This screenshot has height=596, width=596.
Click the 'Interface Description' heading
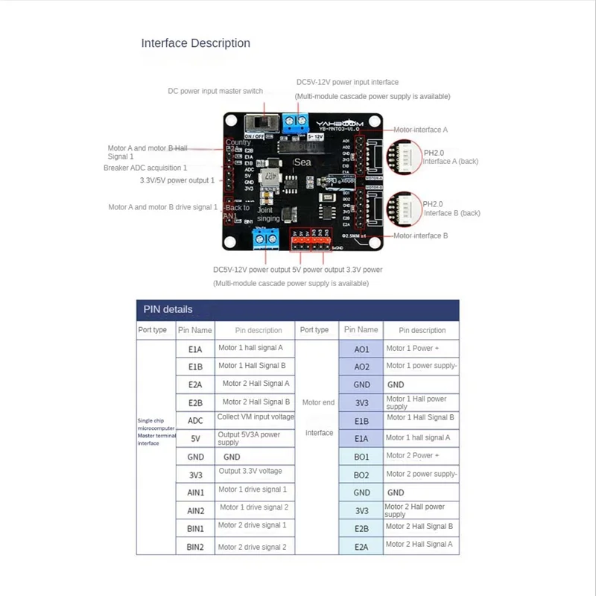pyautogui.click(x=195, y=43)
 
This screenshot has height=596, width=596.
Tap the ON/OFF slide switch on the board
pyautogui.click(x=261, y=121)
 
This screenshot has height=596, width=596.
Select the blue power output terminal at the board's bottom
pyautogui.click(x=262, y=237)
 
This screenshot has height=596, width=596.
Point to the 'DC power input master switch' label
pyautogui.click(x=215, y=91)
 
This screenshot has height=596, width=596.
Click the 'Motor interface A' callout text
pyautogui.click(x=420, y=130)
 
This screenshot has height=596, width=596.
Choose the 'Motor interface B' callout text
pyautogui.click(x=420, y=236)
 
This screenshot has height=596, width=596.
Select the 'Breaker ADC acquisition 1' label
pyautogui.click(x=145, y=168)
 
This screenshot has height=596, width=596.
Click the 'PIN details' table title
pyautogui.click(x=168, y=309)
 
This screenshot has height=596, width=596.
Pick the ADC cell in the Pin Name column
pyautogui.click(x=195, y=421)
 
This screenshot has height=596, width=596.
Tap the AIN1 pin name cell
pyautogui.click(x=195, y=492)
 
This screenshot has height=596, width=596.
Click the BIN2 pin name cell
pyautogui.click(x=195, y=547)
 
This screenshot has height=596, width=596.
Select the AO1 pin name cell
pyautogui.click(x=361, y=349)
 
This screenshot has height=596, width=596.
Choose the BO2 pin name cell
pyautogui.click(x=361, y=475)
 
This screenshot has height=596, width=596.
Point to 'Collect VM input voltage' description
pyautogui.click(x=256, y=417)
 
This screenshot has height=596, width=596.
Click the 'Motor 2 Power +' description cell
pyautogui.click(x=412, y=456)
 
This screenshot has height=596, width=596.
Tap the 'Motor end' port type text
pyautogui.click(x=319, y=402)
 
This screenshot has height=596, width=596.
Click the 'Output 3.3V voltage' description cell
pyautogui.click(x=250, y=471)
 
